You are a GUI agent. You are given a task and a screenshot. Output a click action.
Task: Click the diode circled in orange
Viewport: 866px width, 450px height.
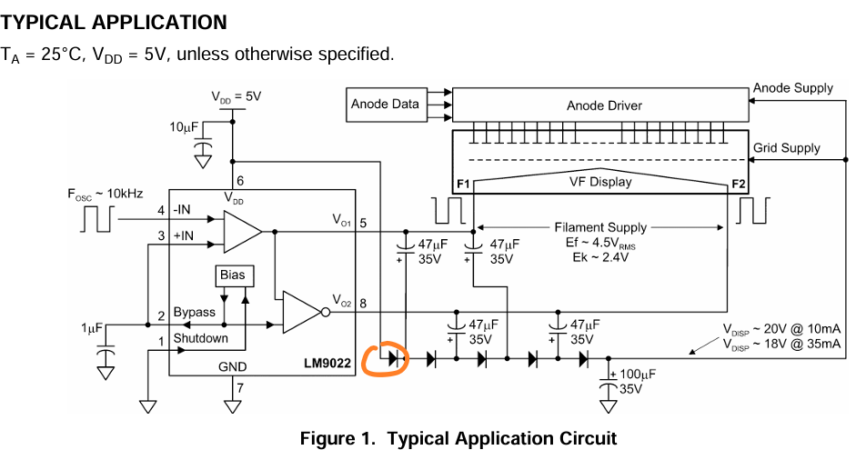pos(393,358)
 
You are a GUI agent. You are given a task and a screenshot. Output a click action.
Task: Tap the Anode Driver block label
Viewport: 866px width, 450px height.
pos(604,105)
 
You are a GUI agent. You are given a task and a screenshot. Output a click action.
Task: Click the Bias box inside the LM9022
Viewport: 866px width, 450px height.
pos(232,275)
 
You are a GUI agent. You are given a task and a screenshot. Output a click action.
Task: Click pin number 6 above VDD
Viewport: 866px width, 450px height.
pos(240,181)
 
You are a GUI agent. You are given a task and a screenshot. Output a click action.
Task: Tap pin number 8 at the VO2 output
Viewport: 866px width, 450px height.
pos(365,305)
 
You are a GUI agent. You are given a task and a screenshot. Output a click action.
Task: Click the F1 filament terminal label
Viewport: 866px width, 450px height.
pos(463,185)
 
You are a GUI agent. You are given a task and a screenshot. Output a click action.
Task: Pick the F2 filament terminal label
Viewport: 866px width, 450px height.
pos(738,185)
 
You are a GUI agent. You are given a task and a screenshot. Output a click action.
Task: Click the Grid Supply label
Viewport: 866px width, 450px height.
pos(786,148)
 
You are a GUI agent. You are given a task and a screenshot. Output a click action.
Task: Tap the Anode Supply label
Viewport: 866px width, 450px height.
pos(792,88)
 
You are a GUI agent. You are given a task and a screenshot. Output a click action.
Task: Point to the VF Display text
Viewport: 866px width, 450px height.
pos(600,182)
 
